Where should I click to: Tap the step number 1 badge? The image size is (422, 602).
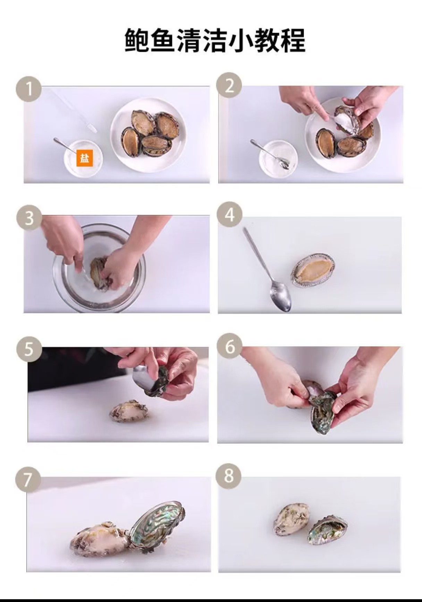coord(29,89)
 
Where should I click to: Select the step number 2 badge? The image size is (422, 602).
coord(229,85)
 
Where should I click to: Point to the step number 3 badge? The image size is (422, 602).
coord(29,218)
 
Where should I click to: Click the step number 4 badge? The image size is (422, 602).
coord(229,215)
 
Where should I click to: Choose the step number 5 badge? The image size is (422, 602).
coord(29,349)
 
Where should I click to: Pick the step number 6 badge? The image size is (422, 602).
coord(229,346)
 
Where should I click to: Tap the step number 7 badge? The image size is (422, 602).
coord(28,480)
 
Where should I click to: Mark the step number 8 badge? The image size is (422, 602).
coord(228,476)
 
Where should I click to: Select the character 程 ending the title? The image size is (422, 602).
coord(293,40)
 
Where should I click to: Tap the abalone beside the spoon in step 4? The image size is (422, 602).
coord(313,270)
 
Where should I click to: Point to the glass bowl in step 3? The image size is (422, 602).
coord(99,267)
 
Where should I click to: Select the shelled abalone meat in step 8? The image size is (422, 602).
coord(292,519)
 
